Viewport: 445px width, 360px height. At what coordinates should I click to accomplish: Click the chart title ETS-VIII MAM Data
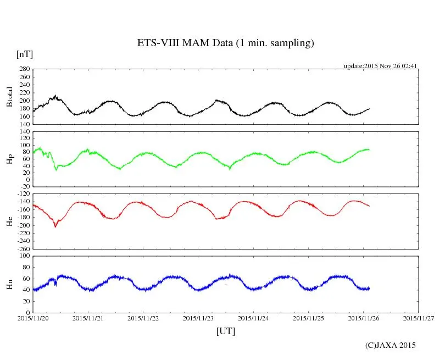tap(225, 43)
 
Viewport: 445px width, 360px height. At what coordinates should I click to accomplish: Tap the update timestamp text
tap(381, 66)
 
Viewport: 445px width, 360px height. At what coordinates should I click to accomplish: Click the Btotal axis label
tap(9, 96)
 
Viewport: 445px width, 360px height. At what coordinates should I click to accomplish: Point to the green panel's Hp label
tap(9, 159)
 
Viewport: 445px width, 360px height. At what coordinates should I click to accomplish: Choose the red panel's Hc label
tap(9, 221)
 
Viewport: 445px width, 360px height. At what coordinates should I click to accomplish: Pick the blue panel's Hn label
tap(9, 284)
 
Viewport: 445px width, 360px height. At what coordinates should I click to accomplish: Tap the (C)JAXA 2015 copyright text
tap(390, 345)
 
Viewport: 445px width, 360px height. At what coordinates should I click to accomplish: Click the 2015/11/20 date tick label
tap(33, 318)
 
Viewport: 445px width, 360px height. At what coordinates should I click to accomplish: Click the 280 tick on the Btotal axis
tap(24, 69)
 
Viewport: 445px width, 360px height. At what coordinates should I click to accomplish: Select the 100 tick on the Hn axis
tap(24, 256)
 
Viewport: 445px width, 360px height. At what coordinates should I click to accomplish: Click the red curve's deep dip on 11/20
tap(55, 226)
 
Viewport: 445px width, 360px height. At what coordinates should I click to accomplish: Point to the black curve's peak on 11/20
tap(54, 96)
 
